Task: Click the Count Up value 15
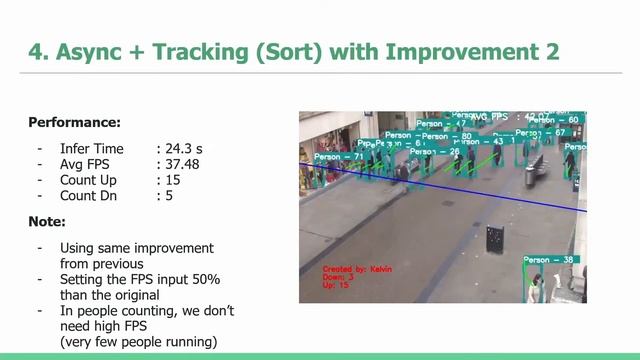click(x=173, y=180)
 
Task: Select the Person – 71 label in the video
click(x=339, y=157)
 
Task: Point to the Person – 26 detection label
click(x=435, y=152)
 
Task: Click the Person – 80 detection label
click(x=447, y=136)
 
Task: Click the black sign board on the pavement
click(x=494, y=238)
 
